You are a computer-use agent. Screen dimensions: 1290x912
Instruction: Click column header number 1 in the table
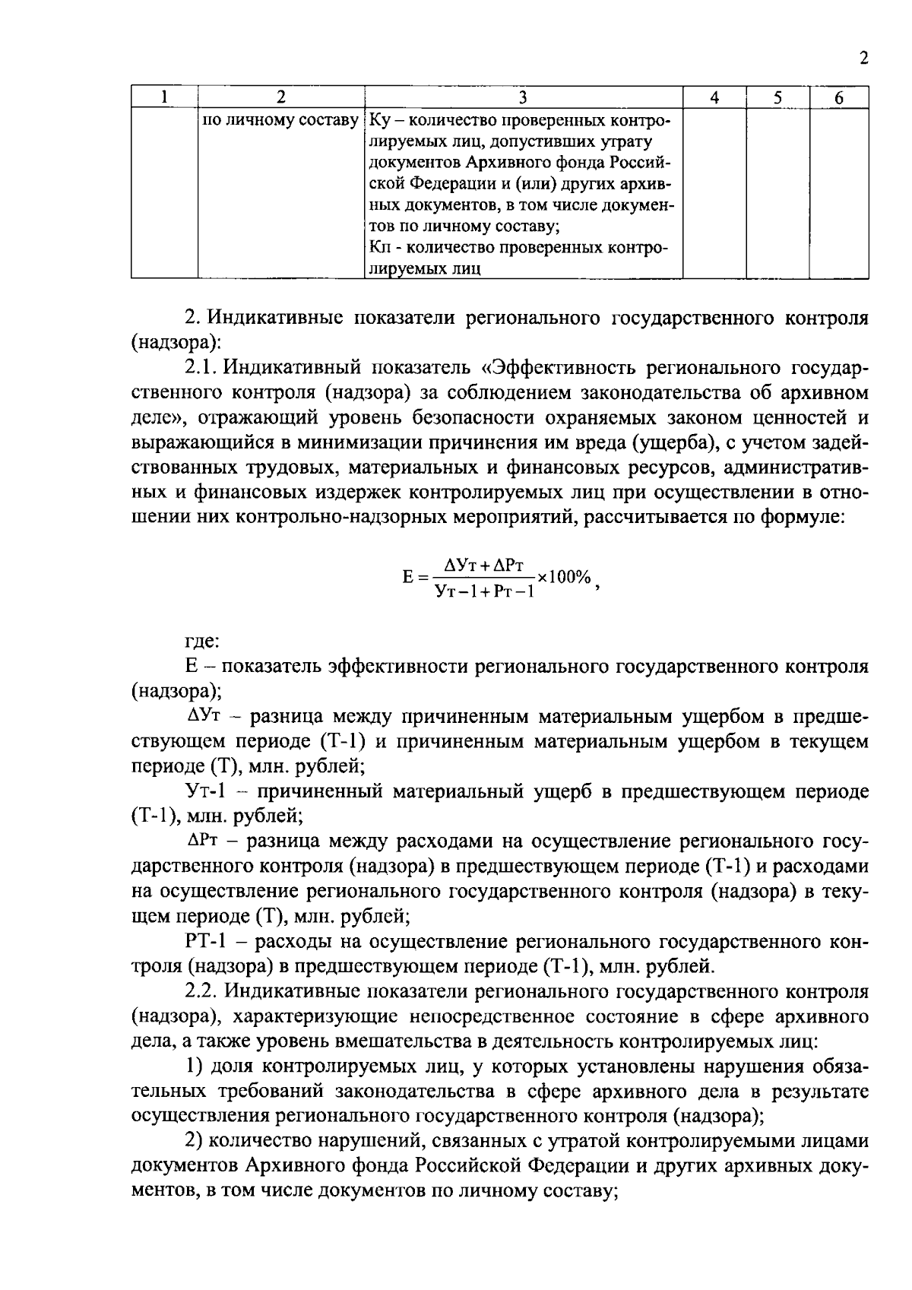[x=163, y=97]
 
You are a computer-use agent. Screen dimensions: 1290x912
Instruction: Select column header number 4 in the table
[x=714, y=97]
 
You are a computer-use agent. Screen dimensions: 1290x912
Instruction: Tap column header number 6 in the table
[x=838, y=97]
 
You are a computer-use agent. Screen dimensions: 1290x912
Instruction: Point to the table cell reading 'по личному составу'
[x=280, y=121]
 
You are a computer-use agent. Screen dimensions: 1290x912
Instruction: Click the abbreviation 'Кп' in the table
[x=379, y=248]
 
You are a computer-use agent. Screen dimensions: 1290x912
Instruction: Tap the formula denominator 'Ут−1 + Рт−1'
[x=484, y=591]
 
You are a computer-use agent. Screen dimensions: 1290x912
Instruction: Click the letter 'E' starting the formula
[x=407, y=578]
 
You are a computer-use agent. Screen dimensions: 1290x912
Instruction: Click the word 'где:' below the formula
[x=202, y=641]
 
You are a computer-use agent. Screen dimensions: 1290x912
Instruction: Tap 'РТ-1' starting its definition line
[x=205, y=942]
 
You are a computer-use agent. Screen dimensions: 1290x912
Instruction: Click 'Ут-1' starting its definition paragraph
[x=206, y=791]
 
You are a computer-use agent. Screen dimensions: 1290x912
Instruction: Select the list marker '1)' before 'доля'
[x=193, y=1067]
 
